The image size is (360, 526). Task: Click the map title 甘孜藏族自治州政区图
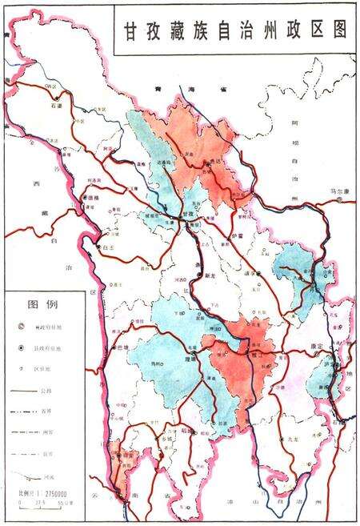click(x=236, y=30)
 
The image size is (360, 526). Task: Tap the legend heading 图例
click(x=42, y=305)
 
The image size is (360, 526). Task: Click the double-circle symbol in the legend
click(x=22, y=327)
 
